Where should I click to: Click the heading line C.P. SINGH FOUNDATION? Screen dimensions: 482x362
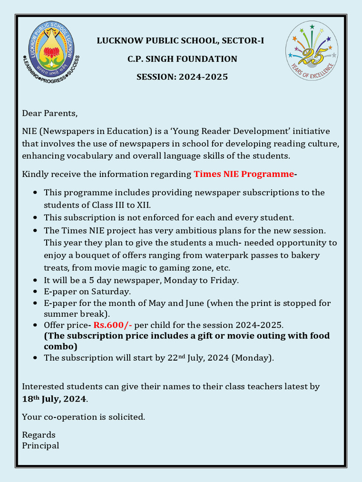(x=182, y=59)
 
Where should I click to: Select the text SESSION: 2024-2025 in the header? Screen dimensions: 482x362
(x=182, y=76)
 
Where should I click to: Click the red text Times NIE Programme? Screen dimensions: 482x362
(x=244, y=174)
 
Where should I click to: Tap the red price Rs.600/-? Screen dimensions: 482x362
(x=113, y=325)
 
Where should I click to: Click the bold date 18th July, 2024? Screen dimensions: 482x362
(x=54, y=399)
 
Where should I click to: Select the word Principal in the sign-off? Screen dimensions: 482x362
(x=41, y=445)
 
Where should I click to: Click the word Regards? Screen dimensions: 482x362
(x=39, y=434)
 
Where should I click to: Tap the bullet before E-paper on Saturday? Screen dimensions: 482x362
(x=36, y=292)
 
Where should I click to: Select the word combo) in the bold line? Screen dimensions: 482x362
(x=60, y=346)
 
